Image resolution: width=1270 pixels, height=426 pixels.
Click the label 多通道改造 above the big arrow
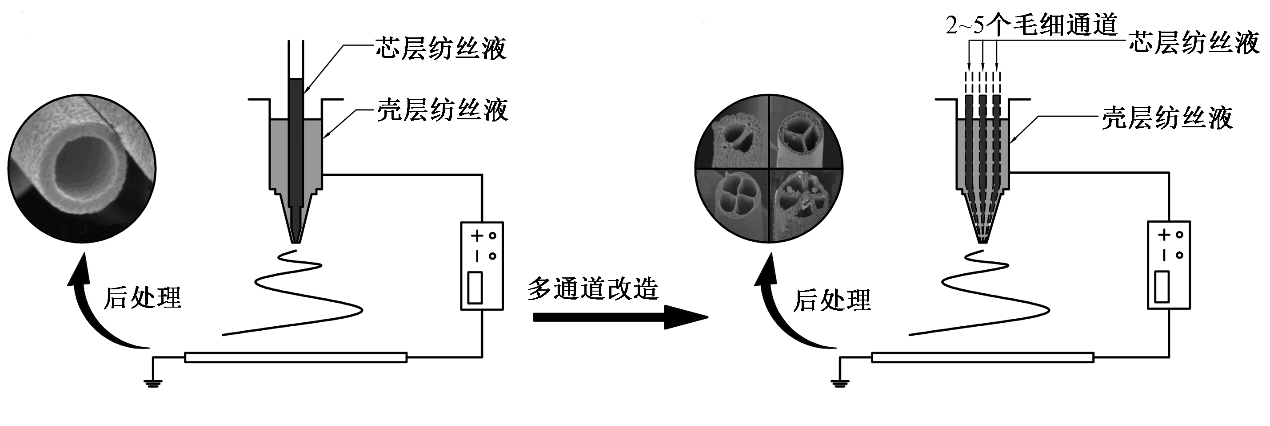pos(593,288)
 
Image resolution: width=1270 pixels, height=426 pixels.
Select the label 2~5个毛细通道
pos(1030,24)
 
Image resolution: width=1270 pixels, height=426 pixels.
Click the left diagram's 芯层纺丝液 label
pos(441,49)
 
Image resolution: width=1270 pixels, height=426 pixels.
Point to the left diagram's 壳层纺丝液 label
pos(442,110)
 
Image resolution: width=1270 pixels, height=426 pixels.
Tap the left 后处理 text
pos(143,298)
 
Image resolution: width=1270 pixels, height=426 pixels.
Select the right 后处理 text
pos(832,300)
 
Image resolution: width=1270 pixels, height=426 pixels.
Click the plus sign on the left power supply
pos(476,236)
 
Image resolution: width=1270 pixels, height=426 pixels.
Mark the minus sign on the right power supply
pos(1163,255)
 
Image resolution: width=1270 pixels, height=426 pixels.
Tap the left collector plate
pos(296,357)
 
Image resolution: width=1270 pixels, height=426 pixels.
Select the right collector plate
pos(982,357)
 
